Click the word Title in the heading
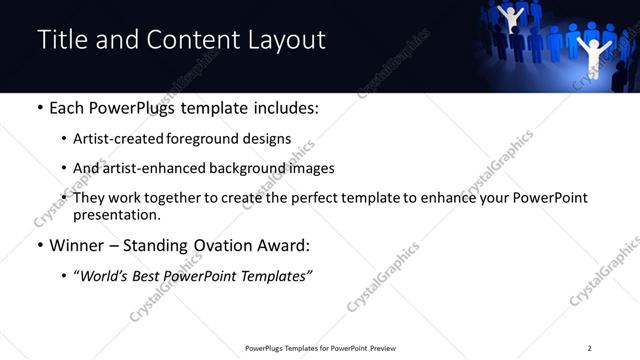click(62, 40)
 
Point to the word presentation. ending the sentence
click(117, 215)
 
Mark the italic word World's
click(103, 276)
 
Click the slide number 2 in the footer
click(589, 348)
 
